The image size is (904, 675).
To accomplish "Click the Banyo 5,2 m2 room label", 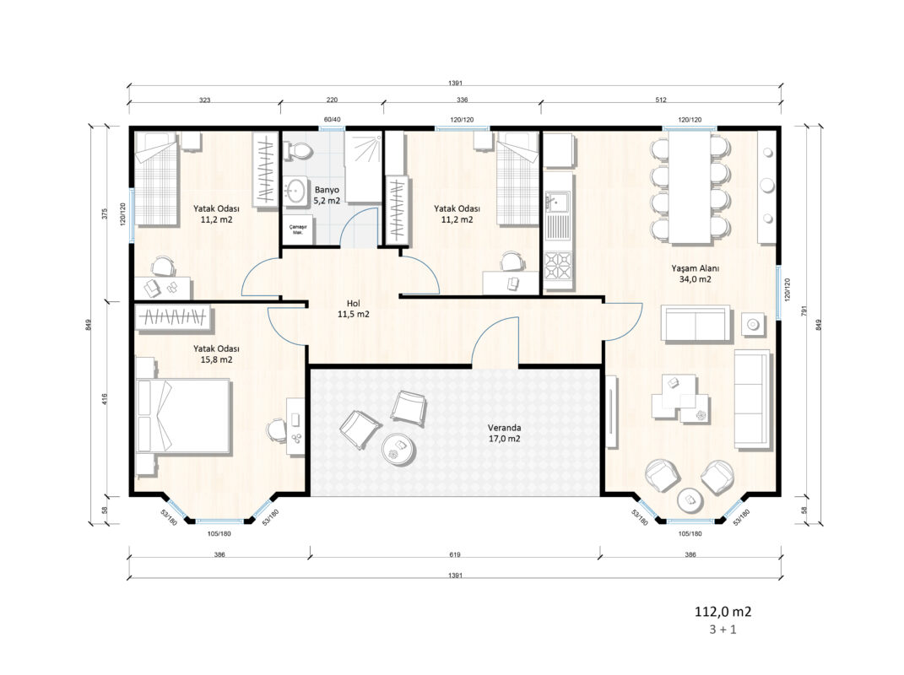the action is [327, 196].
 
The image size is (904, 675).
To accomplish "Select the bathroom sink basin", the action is [296, 190].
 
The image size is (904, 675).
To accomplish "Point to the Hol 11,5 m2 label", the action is [354, 309].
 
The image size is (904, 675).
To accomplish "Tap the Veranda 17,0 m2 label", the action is [505, 433].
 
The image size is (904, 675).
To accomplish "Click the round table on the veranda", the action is [398, 448].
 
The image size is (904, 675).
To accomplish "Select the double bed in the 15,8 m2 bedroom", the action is [183, 415].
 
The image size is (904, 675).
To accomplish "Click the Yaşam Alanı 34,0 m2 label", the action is [696, 274].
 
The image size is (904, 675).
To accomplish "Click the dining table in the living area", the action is [690, 188].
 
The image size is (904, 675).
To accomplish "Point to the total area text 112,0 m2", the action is [723, 612].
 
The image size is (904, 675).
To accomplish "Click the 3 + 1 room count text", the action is [723, 629].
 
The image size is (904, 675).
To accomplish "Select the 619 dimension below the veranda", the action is [455, 555].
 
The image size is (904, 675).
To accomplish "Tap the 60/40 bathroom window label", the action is [332, 120].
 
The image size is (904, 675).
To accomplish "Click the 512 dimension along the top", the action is [661, 100].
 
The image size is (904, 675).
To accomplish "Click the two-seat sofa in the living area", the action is [696, 325].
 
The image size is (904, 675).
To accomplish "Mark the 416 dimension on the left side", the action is [105, 399].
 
